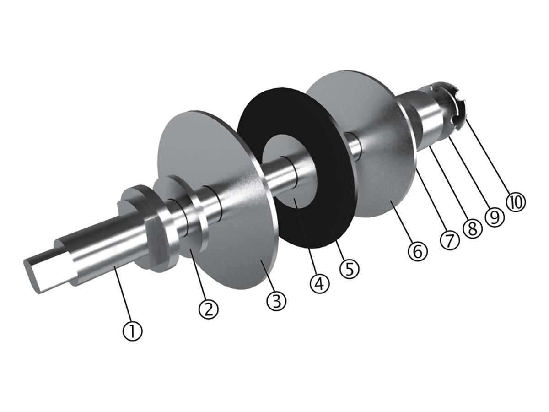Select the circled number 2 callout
click(208, 309)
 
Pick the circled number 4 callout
click(319, 283)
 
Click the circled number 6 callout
click(418, 250)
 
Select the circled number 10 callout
click(516, 202)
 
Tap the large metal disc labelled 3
click(229, 238)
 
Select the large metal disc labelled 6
click(375, 183)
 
